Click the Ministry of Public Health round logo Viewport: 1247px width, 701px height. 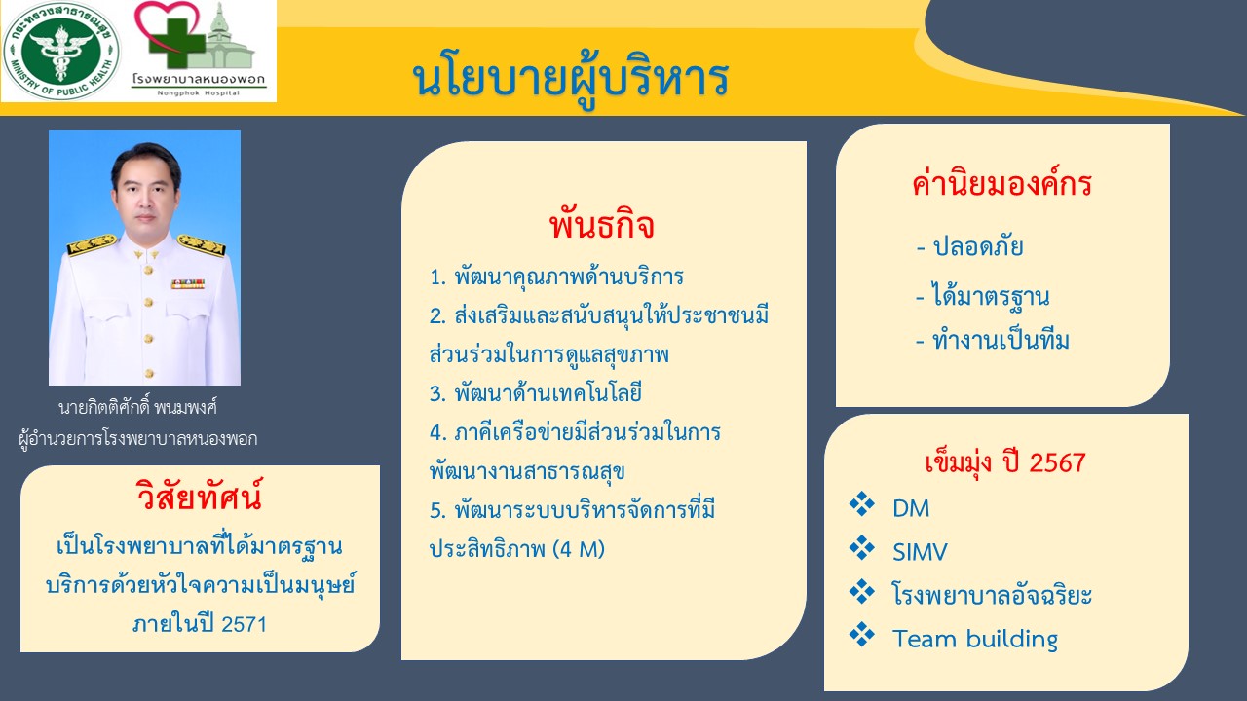point(61,51)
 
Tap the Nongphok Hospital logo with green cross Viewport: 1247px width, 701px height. point(200,49)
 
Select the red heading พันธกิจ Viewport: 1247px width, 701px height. point(602,225)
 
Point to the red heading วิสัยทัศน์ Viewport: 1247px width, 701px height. point(199,496)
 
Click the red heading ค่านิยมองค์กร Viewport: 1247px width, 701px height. point(1001,183)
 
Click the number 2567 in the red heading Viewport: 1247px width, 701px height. point(1058,462)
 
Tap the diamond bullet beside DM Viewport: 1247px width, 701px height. point(862,504)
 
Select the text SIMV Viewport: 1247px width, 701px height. point(920,552)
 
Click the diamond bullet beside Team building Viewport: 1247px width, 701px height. point(862,635)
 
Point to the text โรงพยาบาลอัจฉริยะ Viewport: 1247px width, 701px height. point(992,594)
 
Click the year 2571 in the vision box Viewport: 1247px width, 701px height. point(244,624)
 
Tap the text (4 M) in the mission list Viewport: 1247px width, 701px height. point(579,550)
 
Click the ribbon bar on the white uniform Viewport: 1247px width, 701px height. point(188,284)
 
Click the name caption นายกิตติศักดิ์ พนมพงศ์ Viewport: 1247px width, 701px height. point(137,408)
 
